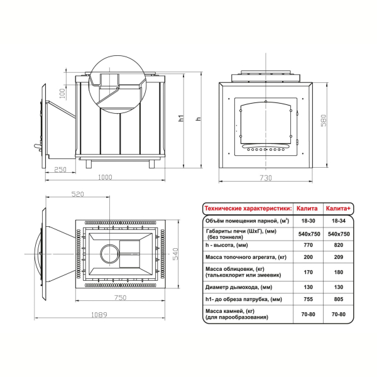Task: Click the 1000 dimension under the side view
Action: point(105,177)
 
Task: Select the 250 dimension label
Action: point(60,170)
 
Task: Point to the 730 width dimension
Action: point(266,178)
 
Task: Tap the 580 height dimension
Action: point(324,121)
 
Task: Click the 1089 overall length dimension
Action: point(99,315)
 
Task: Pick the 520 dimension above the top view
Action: point(78,194)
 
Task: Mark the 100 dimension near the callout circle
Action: point(62,94)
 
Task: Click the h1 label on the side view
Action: point(181,118)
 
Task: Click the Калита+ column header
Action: point(338,209)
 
